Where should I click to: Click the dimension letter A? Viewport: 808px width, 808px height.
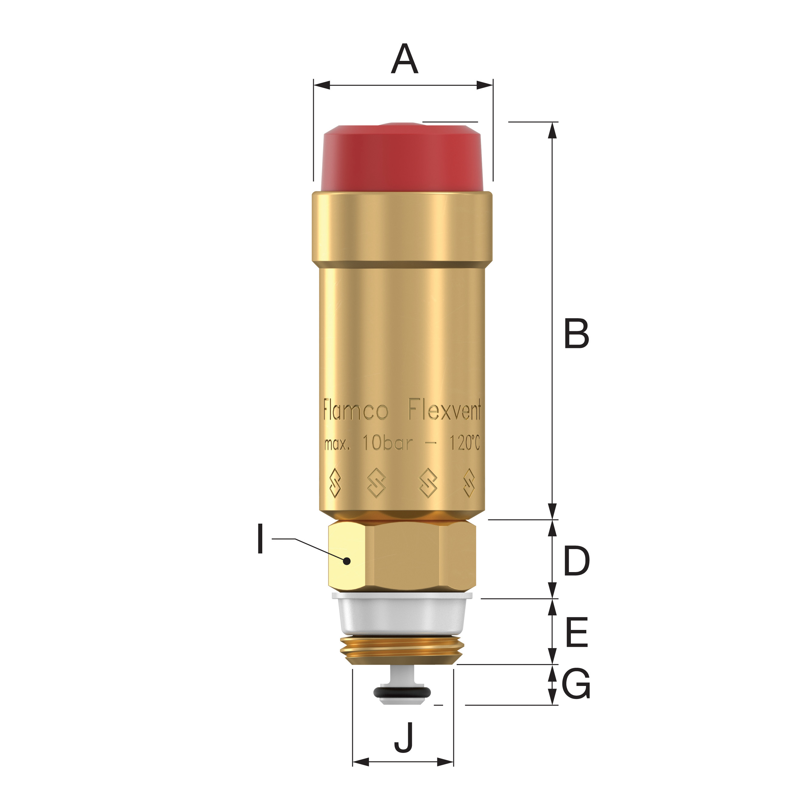click(x=404, y=59)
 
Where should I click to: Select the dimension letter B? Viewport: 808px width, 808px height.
click(x=576, y=333)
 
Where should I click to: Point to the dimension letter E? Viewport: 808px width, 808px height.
click(x=577, y=632)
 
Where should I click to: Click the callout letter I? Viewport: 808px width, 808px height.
click(x=260, y=539)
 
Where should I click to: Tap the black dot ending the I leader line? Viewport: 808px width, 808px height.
click(x=346, y=561)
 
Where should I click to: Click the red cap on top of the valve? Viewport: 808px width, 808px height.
click(x=402, y=158)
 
